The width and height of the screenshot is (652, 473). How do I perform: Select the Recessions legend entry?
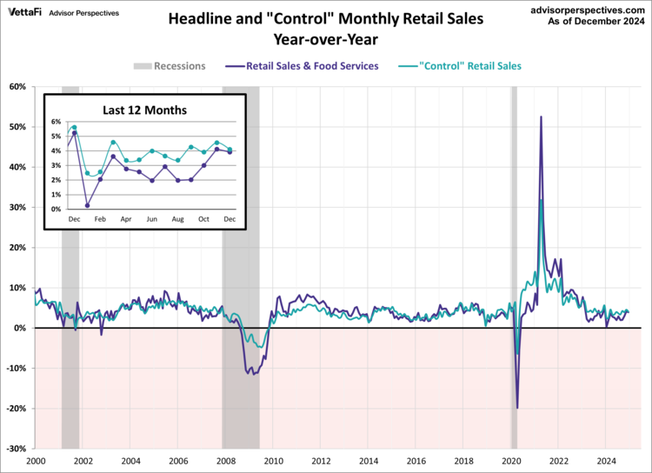pyautogui.click(x=170, y=65)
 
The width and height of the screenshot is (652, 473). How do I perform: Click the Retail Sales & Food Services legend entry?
pyautogui.click(x=304, y=65)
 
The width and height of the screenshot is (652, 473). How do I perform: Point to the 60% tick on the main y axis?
pyautogui.click(x=18, y=86)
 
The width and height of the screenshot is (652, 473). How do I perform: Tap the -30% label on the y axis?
pyautogui.click(x=17, y=449)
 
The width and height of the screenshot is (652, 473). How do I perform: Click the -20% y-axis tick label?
pyautogui.click(x=17, y=409)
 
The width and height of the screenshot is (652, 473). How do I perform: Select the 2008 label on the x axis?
pyautogui.click(x=225, y=461)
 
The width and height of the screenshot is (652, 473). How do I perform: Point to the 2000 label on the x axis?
pyautogui.click(x=36, y=461)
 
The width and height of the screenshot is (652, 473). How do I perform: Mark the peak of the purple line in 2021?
pyautogui.click(x=541, y=117)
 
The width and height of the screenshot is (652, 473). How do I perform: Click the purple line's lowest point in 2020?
pyautogui.click(x=517, y=408)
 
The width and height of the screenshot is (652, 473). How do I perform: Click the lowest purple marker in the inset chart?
pyautogui.click(x=87, y=206)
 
